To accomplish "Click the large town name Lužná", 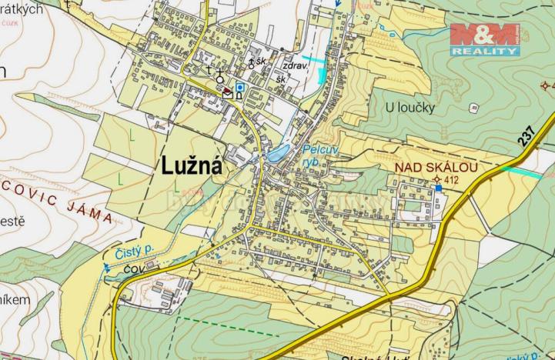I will pyautogui.click(x=191, y=165).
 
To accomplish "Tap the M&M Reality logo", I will pyautogui.click(x=484, y=38).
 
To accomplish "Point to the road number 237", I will pyautogui.click(x=526, y=135).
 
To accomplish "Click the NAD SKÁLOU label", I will pyautogui.click(x=436, y=167).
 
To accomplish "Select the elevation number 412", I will pyautogui.click(x=451, y=180).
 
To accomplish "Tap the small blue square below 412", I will pyautogui.click(x=438, y=188).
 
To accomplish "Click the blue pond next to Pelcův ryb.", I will pyautogui.click(x=277, y=153).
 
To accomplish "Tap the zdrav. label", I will pyautogui.click(x=296, y=66).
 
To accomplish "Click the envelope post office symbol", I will pyautogui.click(x=228, y=92).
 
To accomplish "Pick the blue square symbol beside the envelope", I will pyautogui.click(x=240, y=87).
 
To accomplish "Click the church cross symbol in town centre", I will pyautogui.click(x=219, y=70).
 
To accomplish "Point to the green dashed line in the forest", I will pyautogui.click(x=231, y=328).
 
